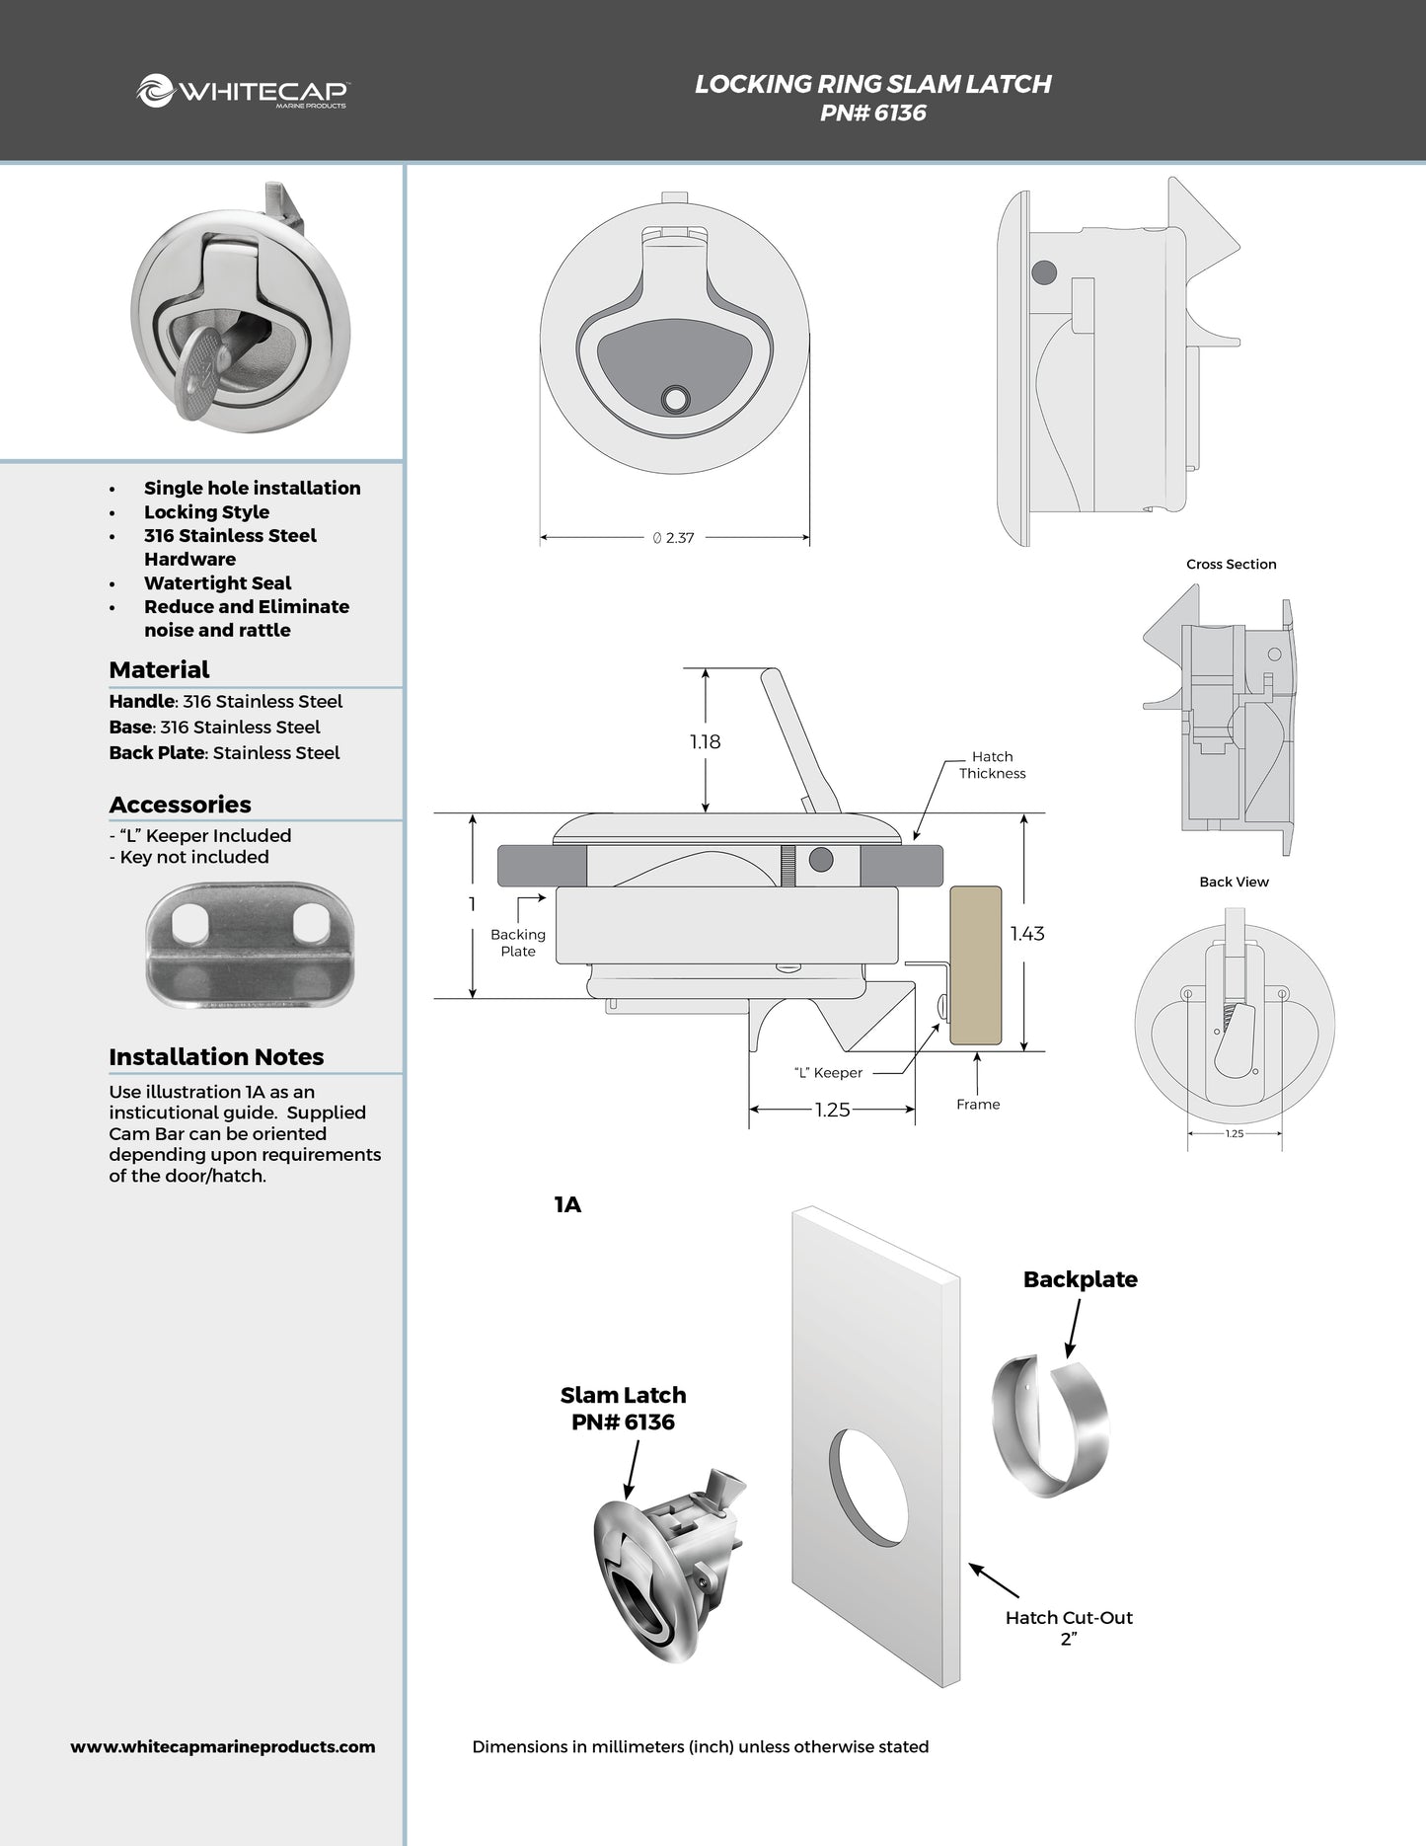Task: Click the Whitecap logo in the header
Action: [x=243, y=92]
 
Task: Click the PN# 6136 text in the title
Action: [x=872, y=114]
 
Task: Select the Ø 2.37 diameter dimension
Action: [x=674, y=538]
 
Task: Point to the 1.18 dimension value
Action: [x=705, y=741]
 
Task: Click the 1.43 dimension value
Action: [x=1026, y=933]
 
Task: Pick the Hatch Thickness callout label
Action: [x=992, y=765]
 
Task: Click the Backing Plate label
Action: [x=517, y=943]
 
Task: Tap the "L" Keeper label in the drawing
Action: [x=828, y=1073]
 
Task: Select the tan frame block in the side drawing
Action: [x=975, y=965]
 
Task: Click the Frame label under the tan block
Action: [x=977, y=1104]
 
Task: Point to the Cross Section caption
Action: [x=1231, y=564]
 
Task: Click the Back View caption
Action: [x=1234, y=882]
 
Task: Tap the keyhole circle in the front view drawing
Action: [x=676, y=399]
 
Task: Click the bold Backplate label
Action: [x=1080, y=1279]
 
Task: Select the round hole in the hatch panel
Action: [x=867, y=1487]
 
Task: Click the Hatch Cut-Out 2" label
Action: [x=1069, y=1628]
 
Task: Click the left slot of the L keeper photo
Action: [x=186, y=923]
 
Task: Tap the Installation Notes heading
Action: [x=216, y=1057]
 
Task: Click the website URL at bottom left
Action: [x=223, y=1746]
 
